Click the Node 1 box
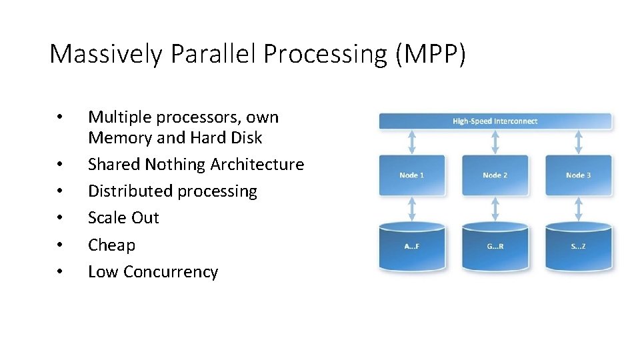(x=412, y=175)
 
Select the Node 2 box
(x=495, y=175)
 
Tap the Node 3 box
(x=578, y=175)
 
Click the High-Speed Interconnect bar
(x=495, y=121)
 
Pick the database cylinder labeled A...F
(x=412, y=247)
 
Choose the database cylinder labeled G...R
(x=495, y=247)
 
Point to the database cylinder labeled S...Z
(x=578, y=247)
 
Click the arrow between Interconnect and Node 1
(x=412, y=142)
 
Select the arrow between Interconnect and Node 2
(x=495, y=142)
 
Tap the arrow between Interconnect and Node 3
(x=578, y=142)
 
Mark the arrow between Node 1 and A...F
(x=412, y=209)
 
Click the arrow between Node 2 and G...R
(x=495, y=209)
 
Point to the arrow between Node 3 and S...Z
(x=578, y=209)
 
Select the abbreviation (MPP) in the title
(x=430, y=54)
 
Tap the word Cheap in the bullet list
(x=111, y=245)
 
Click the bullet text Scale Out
(x=123, y=218)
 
